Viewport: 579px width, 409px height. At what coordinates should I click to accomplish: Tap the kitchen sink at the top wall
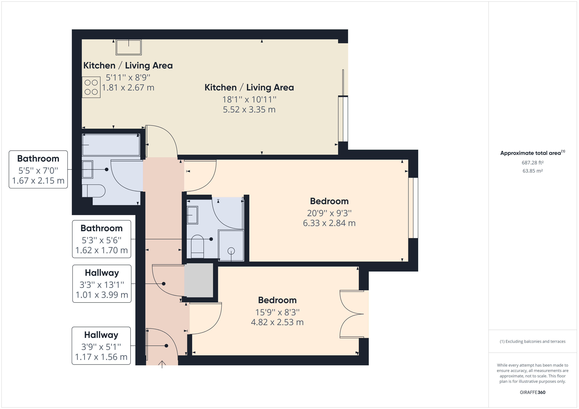click(129, 47)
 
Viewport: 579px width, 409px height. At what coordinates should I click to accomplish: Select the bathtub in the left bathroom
click(111, 145)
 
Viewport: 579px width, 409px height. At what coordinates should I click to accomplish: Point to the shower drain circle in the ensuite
click(231, 251)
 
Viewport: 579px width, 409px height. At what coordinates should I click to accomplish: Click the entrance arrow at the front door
click(162, 364)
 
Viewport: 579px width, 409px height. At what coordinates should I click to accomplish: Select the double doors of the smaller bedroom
click(352, 314)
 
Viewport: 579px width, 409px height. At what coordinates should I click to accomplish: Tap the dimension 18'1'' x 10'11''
click(249, 99)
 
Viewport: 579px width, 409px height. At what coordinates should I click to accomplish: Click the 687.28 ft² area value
click(533, 163)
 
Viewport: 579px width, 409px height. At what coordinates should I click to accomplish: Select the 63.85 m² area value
click(533, 171)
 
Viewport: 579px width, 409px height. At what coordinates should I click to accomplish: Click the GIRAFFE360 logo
click(533, 392)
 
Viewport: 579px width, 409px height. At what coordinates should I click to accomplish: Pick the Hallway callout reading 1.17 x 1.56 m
click(101, 346)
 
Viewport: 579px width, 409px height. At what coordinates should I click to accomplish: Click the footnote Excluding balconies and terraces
click(533, 341)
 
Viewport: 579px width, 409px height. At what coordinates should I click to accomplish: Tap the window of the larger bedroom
click(413, 208)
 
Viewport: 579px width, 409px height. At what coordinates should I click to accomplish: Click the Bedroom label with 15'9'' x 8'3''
click(277, 300)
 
